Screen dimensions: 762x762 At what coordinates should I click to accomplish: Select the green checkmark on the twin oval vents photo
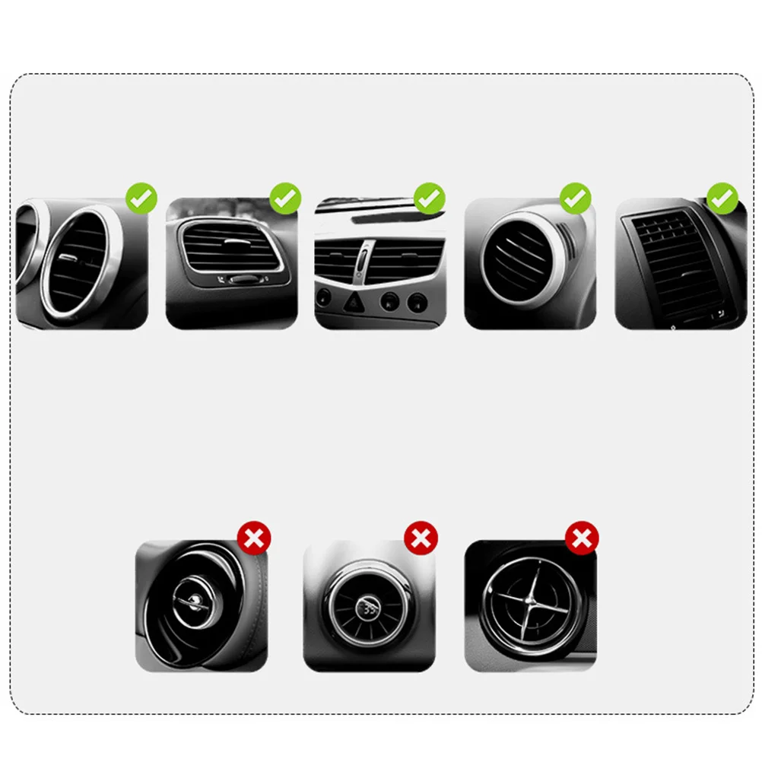(141, 199)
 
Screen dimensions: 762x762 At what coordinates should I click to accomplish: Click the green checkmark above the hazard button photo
(429, 199)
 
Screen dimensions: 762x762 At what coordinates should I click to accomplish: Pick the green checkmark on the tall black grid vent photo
(722, 199)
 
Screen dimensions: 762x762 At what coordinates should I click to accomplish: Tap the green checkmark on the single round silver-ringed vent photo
(576, 199)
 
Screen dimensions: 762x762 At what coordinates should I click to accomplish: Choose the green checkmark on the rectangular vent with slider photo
(285, 199)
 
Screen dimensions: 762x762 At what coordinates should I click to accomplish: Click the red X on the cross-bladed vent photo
(582, 539)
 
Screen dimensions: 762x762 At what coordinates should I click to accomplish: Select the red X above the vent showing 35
(421, 539)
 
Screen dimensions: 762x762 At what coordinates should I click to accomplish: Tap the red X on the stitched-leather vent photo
(254, 539)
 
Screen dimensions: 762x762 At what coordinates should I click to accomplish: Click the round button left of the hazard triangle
(323, 297)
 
